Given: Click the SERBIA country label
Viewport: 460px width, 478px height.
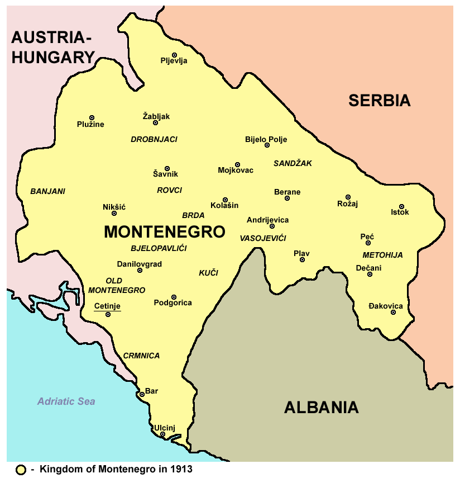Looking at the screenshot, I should click(x=379, y=101).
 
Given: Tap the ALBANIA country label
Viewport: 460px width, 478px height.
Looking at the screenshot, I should click(x=321, y=408).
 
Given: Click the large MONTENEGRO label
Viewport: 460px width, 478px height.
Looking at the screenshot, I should click(x=165, y=232).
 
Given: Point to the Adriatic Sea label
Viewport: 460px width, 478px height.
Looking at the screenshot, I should click(x=66, y=401).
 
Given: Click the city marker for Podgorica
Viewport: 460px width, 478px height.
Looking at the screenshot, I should click(x=174, y=297).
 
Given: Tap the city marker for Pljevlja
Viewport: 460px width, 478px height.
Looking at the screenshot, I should click(x=174, y=55).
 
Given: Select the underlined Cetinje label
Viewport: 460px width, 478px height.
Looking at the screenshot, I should click(x=107, y=306).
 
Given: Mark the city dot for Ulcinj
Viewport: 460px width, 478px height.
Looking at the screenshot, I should click(x=162, y=434).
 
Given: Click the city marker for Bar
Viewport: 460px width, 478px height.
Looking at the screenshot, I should click(x=142, y=394).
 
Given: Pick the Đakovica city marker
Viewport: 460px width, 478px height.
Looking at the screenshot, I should click(x=393, y=312).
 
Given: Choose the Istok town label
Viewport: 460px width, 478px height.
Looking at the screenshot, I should click(x=400, y=212).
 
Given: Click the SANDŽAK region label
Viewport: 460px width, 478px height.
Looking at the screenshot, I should click(x=293, y=163).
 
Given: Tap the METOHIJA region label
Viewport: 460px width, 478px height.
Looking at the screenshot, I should click(x=382, y=255).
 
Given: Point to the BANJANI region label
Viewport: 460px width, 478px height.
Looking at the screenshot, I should click(x=47, y=191).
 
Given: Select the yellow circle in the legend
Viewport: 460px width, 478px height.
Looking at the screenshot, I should click(x=21, y=470).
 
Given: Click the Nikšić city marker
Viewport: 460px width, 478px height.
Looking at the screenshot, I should click(x=114, y=213).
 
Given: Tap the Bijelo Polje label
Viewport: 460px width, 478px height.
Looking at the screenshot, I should click(x=266, y=139).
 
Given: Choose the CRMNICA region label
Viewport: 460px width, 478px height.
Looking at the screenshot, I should click(x=141, y=356).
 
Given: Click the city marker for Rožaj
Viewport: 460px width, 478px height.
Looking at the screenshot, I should click(x=348, y=197).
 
